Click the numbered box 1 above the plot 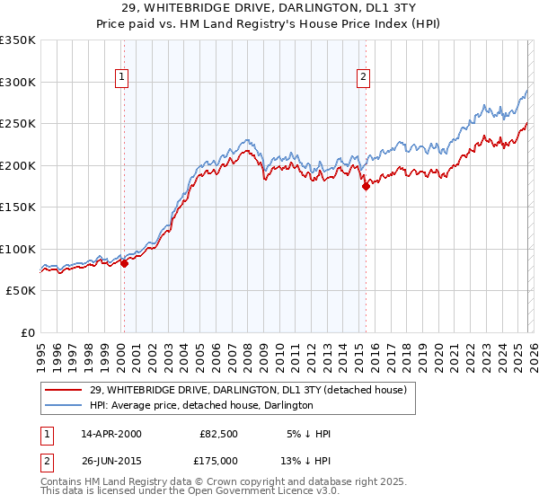click(121, 78)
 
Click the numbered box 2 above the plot click(364, 78)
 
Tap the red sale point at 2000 click(125, 263)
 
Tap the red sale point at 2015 click(366, 186)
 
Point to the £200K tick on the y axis click(18, 165)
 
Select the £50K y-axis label click(21, 291)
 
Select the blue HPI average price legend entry click(201, 405)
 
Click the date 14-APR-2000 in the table click(110, 434)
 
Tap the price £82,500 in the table click(218, 434)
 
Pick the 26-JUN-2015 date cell click(110, 460)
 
